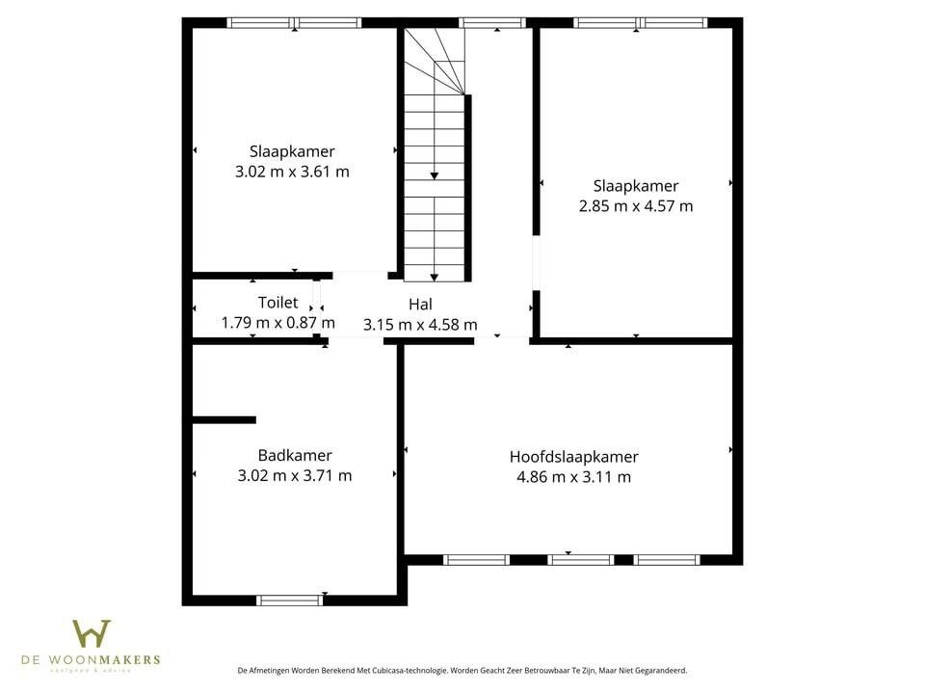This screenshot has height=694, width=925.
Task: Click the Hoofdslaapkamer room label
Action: (x=573, y=457)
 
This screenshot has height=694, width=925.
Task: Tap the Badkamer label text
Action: (x=295, y=455)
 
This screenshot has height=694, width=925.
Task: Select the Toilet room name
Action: (x=277, y=303)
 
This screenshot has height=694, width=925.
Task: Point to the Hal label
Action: (x=419, y=305)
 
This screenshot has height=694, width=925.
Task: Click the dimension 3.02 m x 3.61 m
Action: (x=292, y=172)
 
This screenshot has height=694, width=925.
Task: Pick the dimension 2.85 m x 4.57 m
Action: (x=636, y=205)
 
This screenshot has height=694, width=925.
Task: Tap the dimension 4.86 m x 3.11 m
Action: (x=573, y=476)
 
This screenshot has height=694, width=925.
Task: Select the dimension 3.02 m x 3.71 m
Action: (x=295, y=475)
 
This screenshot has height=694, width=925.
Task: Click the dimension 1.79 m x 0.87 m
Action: (x=277, y=323)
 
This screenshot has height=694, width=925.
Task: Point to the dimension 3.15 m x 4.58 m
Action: (x=419, y=325)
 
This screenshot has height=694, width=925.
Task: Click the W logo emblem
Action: (x=92, y=634)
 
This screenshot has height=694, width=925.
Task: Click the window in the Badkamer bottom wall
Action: (x=289, y=601)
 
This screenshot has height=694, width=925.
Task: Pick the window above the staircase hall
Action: (x=492, y=22)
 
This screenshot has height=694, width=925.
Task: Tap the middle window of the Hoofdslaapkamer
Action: (x=580, y=559)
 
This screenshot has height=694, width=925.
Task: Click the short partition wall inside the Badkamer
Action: (x=225, y=419)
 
